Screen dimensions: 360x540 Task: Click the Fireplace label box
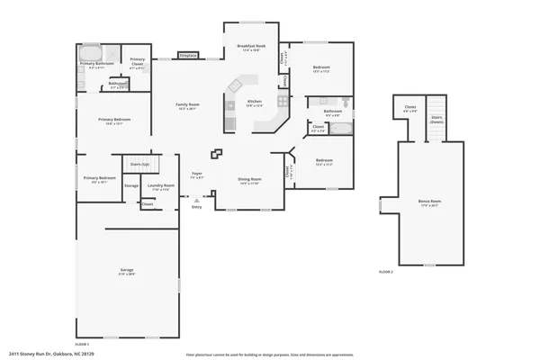coord(188,56)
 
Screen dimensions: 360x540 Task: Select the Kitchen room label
coord(255,103)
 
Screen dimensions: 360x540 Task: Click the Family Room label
coord(187,106)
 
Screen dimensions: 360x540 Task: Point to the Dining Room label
coord(249,181)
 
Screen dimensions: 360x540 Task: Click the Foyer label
coord(197,175)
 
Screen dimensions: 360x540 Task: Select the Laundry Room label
coord(162,187)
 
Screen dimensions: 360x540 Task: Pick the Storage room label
coord(131,185)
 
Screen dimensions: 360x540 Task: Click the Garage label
coord(128,271)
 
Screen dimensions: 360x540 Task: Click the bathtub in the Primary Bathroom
coord(91,50)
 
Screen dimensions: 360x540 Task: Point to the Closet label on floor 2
coord(409,109)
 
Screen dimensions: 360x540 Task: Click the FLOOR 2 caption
coord(385,271)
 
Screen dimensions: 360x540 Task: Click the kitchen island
coord(236,86)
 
